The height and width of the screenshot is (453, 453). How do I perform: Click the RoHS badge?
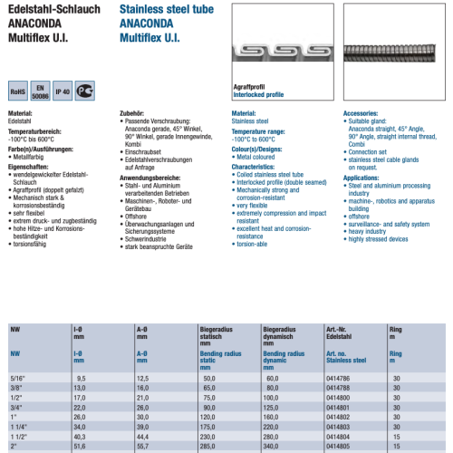tap(19, 91)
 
